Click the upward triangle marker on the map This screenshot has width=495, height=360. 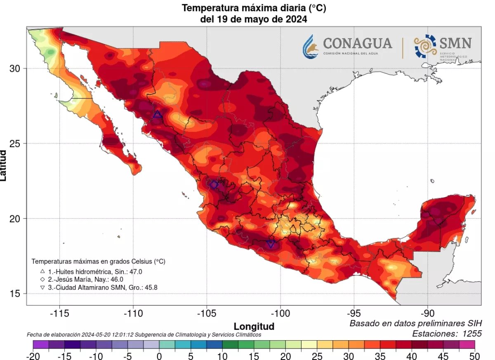(157, 115)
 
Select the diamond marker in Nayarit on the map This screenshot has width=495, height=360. (214, 185)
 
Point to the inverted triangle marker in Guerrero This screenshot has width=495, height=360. (271, 244)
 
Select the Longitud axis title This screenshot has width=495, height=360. (254, 327)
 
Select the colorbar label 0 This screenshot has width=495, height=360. (159, 356)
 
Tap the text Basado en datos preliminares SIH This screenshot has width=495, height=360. (415, 323)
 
